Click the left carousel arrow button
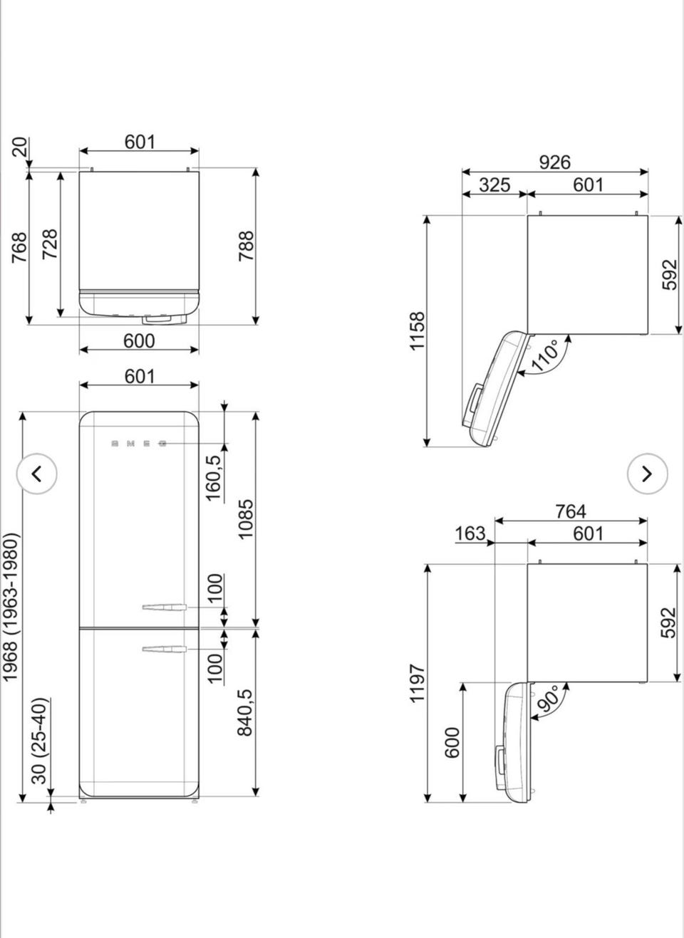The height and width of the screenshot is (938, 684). tap(37, 474)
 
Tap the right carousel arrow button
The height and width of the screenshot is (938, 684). tap(647, 474)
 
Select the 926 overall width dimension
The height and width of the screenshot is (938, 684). tap(554, 162)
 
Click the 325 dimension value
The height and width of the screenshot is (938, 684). tap(494, 184)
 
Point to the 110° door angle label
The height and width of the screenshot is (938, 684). tap(546, 355)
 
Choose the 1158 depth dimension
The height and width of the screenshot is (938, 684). tap(418, 330)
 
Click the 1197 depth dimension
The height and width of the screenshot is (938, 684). tap(418, 682)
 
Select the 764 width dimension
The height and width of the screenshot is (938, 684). tap(571, 511)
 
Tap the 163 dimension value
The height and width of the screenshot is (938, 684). tap(470, 533)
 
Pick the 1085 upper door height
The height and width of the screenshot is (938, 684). tap(245, 518)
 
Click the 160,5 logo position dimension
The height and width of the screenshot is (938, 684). tap(213, 478)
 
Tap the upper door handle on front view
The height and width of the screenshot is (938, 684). tap(164, 607)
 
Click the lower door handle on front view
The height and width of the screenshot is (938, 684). tap(164, 649)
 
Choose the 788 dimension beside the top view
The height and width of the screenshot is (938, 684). tap(247, 246)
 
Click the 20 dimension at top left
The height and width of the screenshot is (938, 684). tap(21, 147)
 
